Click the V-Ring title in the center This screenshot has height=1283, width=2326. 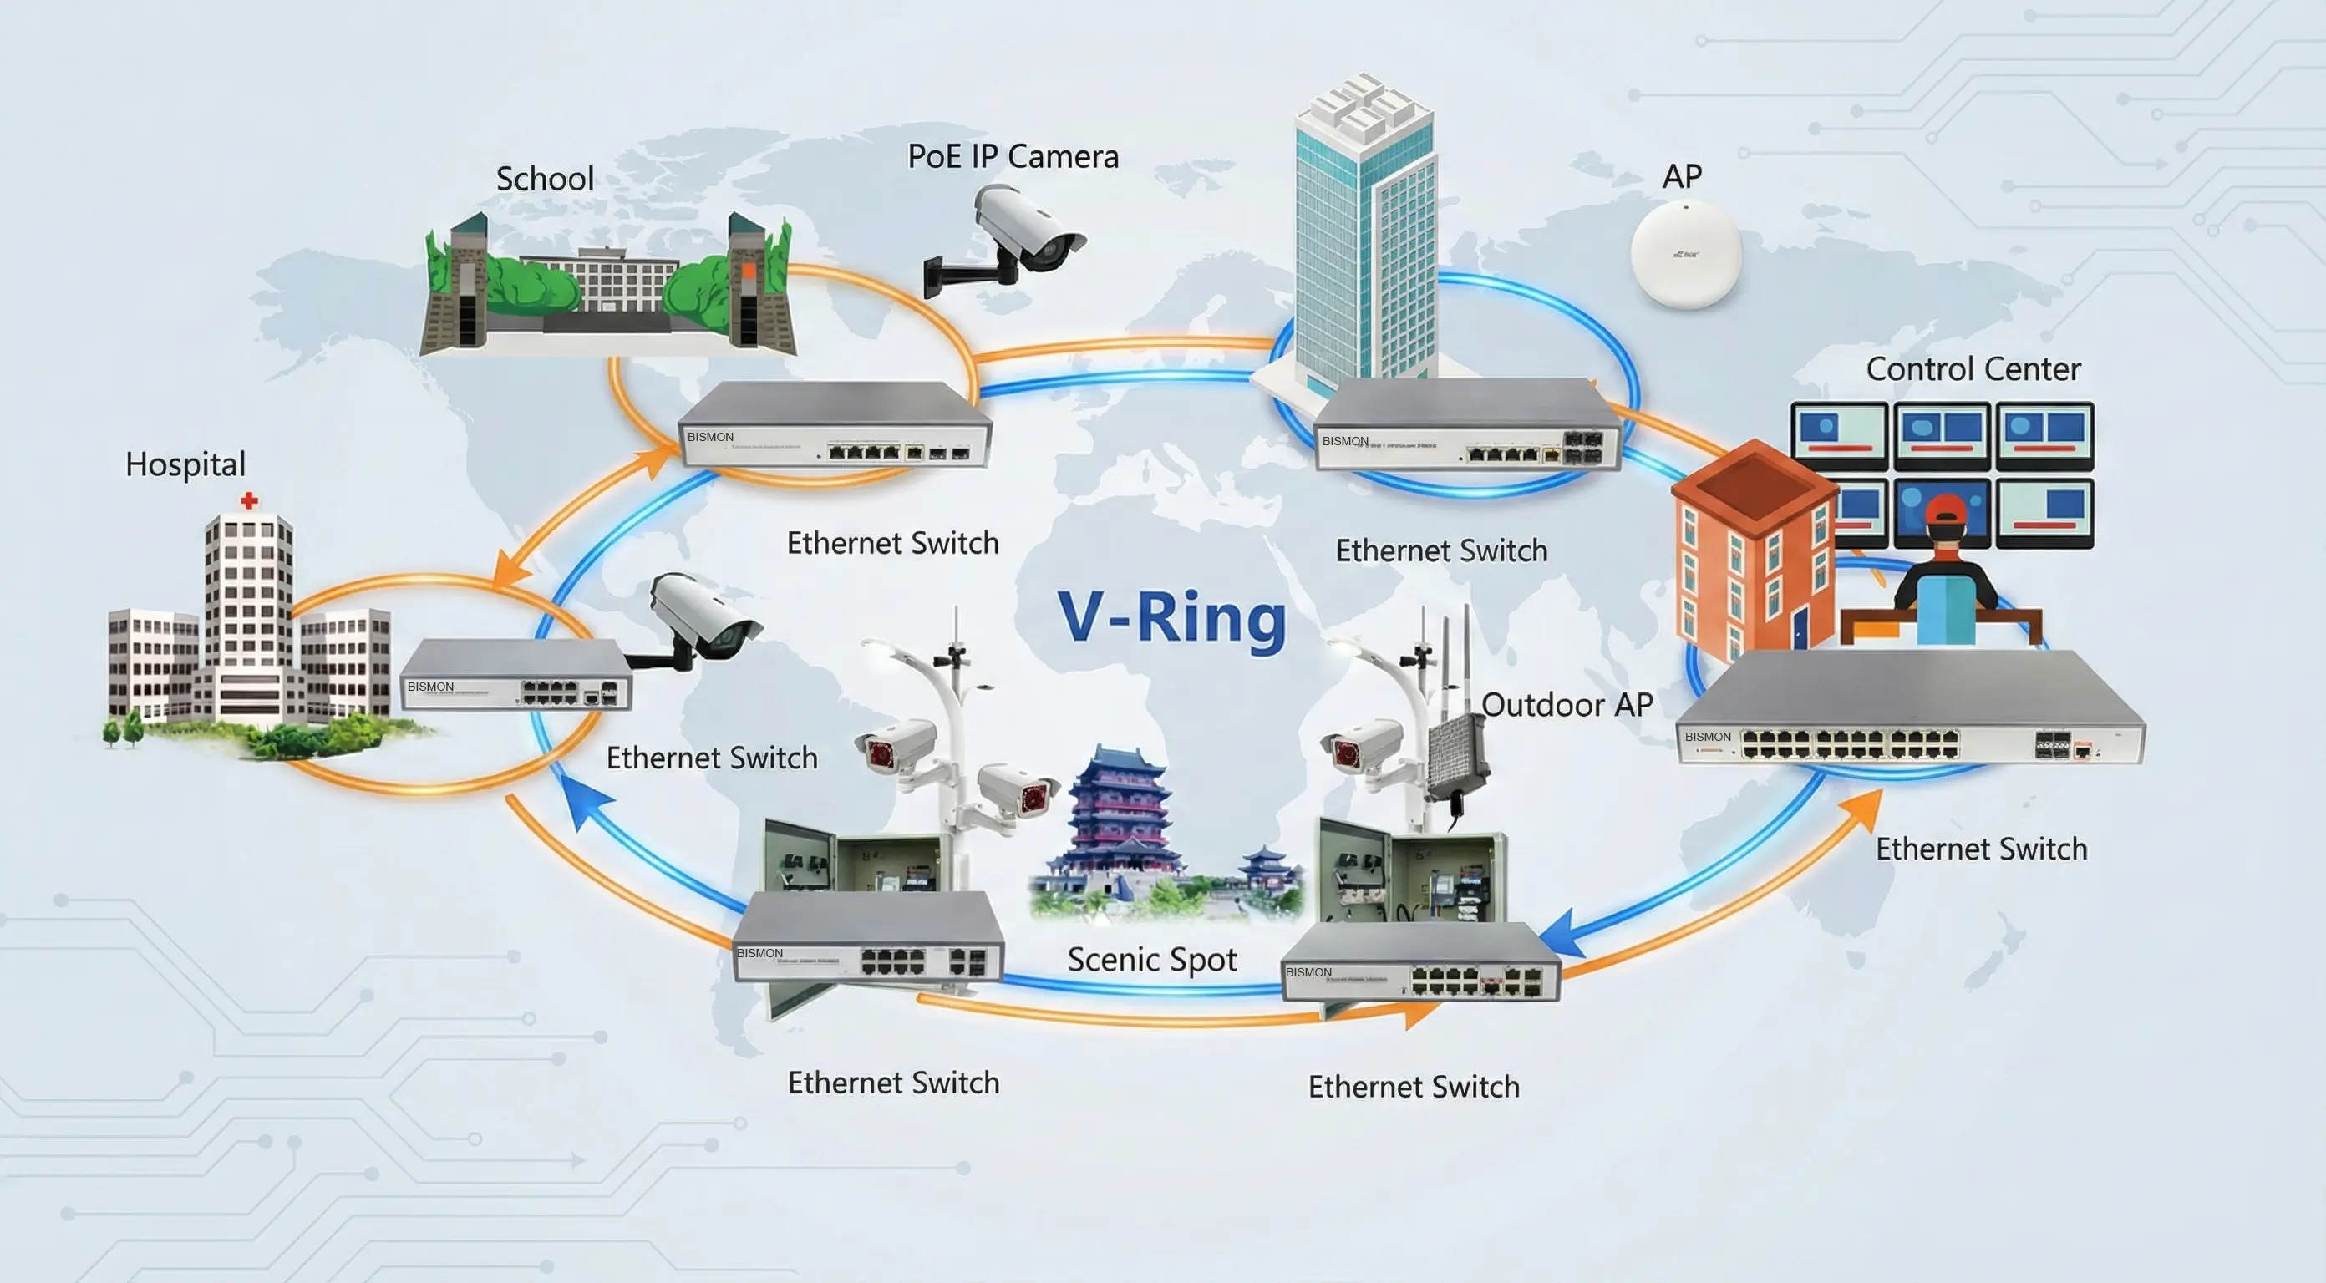(x=1171, y=617)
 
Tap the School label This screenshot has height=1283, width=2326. (x=545, y=179)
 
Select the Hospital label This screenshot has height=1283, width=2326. (x=185, y=464)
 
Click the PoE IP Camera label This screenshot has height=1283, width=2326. (x=1013, y=156)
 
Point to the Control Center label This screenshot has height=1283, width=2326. (x=1973, y=368)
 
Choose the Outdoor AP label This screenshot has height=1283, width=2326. (x=1567, y=704)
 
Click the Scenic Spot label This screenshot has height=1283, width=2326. (x=1151, y=959)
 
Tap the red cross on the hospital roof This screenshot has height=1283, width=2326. (x=249, y=500)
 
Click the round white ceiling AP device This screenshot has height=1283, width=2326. (x=1685, y=255)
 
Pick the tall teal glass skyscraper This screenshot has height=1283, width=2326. (x=1364, y=244)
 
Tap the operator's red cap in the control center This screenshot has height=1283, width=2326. (x=1945, y=510)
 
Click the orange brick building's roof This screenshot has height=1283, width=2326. (x=1752, y=483)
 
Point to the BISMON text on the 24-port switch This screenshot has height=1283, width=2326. (x=1708, y=737)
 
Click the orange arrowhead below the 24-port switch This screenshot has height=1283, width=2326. (x=1864, y=807)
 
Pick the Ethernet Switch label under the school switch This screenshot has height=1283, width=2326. (x=892, y=544)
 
